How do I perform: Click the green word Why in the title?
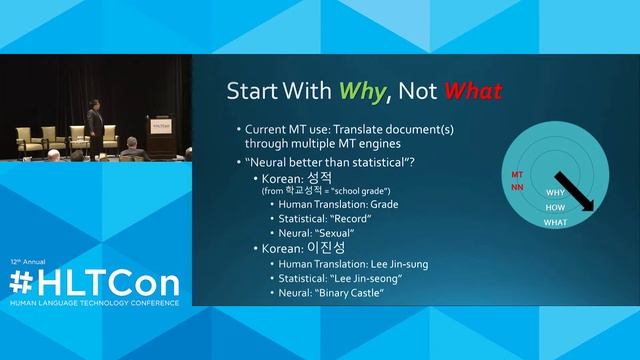point(355,93)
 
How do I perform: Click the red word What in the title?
point(472,93)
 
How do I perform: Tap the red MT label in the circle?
point(517,174)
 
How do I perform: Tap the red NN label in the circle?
point(517,187)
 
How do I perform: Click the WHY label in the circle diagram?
point(555,191)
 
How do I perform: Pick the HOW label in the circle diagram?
point(555,207)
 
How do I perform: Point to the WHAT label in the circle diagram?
point(555,222)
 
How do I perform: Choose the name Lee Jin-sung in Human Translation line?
point(392,264)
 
